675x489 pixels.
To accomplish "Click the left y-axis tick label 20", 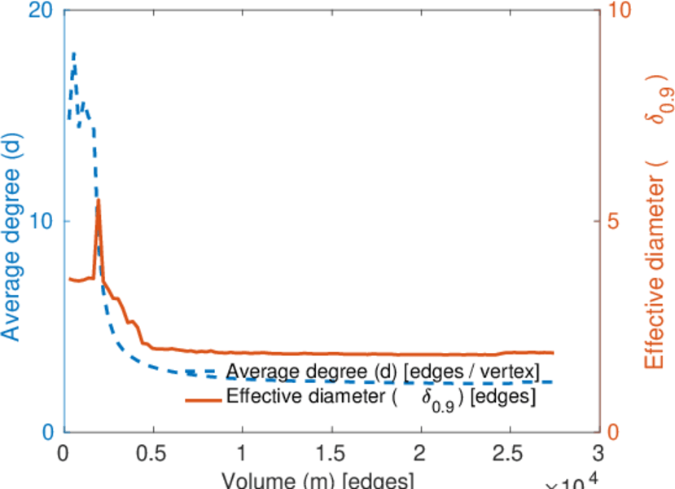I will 42,11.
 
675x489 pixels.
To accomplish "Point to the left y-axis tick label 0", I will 48,432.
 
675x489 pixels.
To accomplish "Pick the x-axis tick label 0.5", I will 152,453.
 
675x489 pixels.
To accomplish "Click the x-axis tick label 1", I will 242,453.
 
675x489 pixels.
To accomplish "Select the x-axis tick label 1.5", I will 331,453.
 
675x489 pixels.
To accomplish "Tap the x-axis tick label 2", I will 420,453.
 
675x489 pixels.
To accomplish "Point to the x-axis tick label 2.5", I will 509,453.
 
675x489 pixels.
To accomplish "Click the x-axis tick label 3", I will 598,453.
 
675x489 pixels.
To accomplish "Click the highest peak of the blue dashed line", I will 74,54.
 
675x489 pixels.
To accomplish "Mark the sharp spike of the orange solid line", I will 99,200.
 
